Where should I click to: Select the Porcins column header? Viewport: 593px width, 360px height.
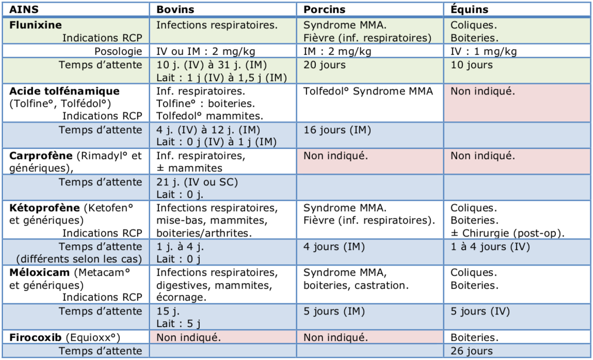click(324, 10)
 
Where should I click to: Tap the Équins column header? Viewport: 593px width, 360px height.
click(469, 10)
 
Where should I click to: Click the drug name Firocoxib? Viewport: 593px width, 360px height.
click(36, 338)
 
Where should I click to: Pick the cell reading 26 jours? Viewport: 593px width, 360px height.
click(472, 351)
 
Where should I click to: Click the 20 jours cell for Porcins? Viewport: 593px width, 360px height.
click(324, 65)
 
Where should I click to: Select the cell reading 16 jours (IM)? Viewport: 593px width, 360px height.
click(337, 130)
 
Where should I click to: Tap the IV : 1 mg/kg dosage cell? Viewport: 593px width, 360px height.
click(484, 51)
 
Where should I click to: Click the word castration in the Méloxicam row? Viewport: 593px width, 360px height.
click(382, 285)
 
